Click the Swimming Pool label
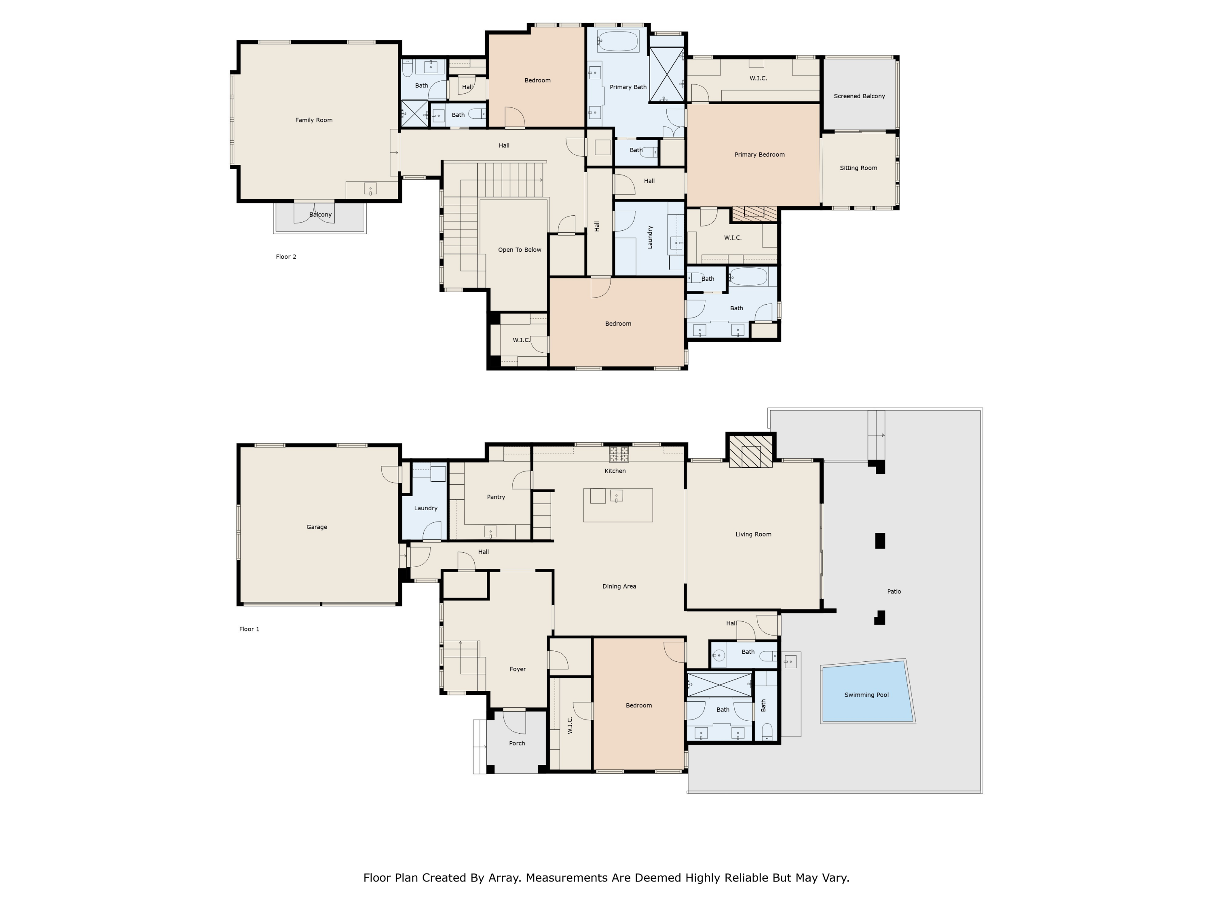click(x=866, y=695)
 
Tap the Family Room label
click(x=314, y=120)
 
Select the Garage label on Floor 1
click(x=317, y=527)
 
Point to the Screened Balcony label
click(x=859, y=96)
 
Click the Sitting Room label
click(x=858, y=168)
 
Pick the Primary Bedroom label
click(x=759, y=154)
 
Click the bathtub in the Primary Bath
click(x=617, y=41)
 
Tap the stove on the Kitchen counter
click(x=619, y=454)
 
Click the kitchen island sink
click(x=616, y=497)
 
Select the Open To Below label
click(x=519, y=250)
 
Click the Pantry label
click(x=496, y=497)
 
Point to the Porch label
click(x=517, y=743)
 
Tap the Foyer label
click(x=517, y=669)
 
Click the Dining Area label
click(x=619, y=586)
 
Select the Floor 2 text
click(x=286, y=257)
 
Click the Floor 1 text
click(x=249, y=629)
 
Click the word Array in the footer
click(x=503, y=878)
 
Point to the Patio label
click(x=894, y=591)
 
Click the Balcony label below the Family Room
click(x=320, y=215)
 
